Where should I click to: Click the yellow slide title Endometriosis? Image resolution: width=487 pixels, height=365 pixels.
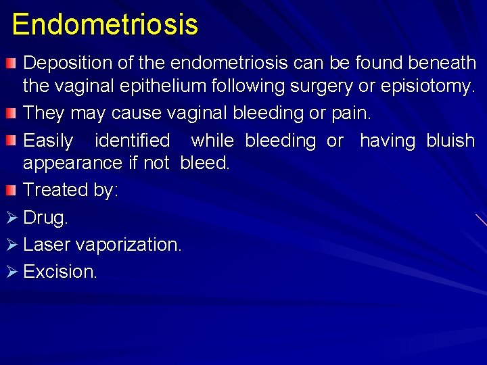pyautogui.click(x=105, y=24)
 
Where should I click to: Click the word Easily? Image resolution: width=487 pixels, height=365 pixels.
pyautogui.click(x=48, y=141)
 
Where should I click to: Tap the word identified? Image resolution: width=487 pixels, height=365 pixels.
pyautogui.click(x=133, y=141)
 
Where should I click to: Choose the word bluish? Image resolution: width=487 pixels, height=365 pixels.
pyautogui.click(x=450, y=141)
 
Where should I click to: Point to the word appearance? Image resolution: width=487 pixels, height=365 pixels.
pyautogui.click(x=72, y=164)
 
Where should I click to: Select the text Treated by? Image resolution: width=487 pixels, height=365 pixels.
pyautogui.click(x=70, y=190)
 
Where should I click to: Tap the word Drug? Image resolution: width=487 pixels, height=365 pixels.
pyautogui.click(x=45, y=218)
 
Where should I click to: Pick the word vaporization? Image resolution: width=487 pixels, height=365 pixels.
pyautogui.click(x=129, y=245)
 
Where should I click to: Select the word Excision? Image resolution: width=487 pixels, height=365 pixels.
pyautogui.click(x=60, y=272)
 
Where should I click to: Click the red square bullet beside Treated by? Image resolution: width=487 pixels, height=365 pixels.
pyautogui.click(x=9, y=190)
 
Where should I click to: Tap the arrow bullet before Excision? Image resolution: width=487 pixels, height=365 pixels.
pyautogui.click(x=9, y=272)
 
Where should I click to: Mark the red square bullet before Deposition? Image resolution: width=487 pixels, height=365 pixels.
pyautogui.click(x=9, y=64)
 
